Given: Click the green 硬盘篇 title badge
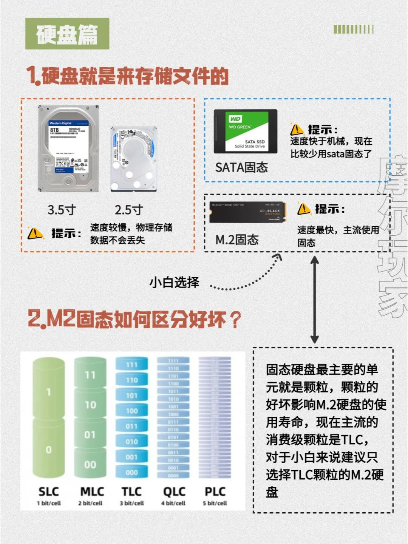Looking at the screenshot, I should pyautogui.click(x=67, y=34).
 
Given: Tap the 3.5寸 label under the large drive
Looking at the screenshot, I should pyautogui.click(x=62, y=210).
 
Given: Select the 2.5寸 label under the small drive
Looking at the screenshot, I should pyautogui.click(x=129, y=210).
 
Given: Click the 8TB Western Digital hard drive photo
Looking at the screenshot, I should pyautogui.click(x=68, y=149).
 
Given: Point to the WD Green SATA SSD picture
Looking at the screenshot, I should pyautogui.click(x=246, y=131).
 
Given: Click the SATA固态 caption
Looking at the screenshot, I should pyautogui.click(x=241, y=167).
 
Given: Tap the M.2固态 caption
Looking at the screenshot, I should pyautogui.click(x=237, y=240).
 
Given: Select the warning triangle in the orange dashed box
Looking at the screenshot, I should pyautogui.click(x=36, y=233).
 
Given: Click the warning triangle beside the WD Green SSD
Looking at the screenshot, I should pyautogui.click(x=297, y=130).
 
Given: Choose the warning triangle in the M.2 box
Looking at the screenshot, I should pyautogui.click(x=304, y=209).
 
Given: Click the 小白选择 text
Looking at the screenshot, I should pyautogui.click(x=174, y=282).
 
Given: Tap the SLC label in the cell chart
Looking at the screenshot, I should pyautogui.click(x=49, y=491).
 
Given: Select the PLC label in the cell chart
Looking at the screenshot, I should pyautogui.click(x=215, y=491).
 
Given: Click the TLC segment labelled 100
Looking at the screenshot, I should pyautogui.click(x=132, y=411).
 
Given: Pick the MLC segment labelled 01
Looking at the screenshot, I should pyautogui.click(x=90, y=435).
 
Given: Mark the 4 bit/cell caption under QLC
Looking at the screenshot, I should pyautogui.click(x=173, y=503).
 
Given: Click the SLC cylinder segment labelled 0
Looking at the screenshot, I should pyautogui.click(x=49, y=450).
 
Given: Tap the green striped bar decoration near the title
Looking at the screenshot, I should pyautogui.click(x=354, y=29).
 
